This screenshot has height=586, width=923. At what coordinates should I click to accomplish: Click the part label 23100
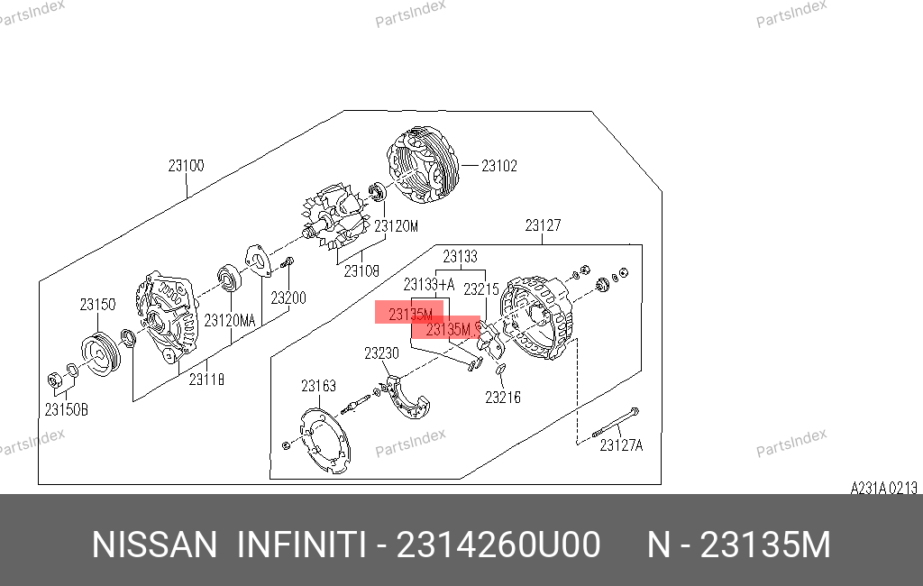[186, 166]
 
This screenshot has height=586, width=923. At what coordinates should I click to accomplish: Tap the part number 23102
[499, 166]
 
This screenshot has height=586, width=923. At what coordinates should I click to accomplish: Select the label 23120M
[397, 226]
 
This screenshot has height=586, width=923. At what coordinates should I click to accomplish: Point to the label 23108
[361, 271]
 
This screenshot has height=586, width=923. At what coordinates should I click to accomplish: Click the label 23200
[288, 298]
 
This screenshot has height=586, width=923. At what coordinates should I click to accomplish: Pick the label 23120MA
[230, 320]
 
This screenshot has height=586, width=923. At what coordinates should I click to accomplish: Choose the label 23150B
[67, 409]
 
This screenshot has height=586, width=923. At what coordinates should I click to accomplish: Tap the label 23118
[206, 380]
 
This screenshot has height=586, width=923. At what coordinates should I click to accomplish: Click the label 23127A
[622, 445]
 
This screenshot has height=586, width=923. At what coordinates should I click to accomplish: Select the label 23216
[503, 398]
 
